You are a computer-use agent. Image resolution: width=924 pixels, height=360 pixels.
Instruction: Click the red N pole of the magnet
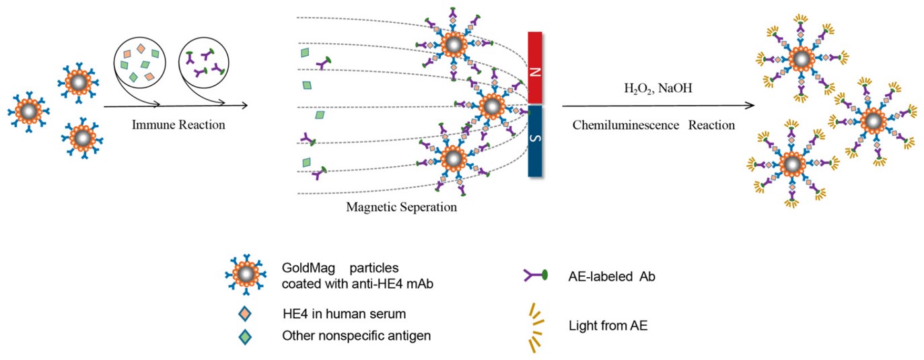point(535,67)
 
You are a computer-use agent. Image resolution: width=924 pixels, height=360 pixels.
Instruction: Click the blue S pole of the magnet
point(535,140)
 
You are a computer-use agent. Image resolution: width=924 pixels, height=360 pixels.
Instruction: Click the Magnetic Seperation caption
point(401,207)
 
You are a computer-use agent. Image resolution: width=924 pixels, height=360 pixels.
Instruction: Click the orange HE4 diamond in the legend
point(245,313)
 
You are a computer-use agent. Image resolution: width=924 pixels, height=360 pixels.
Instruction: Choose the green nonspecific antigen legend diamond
point(245,334)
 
